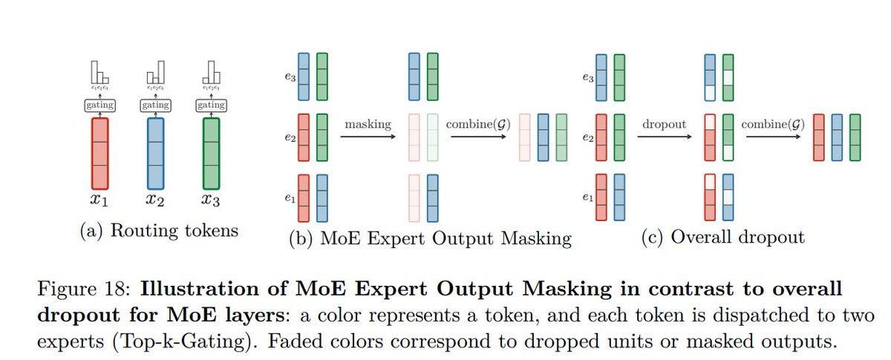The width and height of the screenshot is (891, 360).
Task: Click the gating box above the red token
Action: pyautogui.click(x=99, y=105)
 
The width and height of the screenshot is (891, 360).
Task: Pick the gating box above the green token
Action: pyautogui.click(x=211, y=105)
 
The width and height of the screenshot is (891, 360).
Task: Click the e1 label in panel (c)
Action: pyautogui.click(x=587, y=198)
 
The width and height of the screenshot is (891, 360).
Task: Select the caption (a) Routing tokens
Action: pyautogui.click(x=159, y=231)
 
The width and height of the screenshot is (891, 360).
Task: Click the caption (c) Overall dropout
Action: pyautogui.click(x=723, y=238)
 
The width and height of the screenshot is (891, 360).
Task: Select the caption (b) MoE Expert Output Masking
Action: pyautogui.click(x=431, y=238)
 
